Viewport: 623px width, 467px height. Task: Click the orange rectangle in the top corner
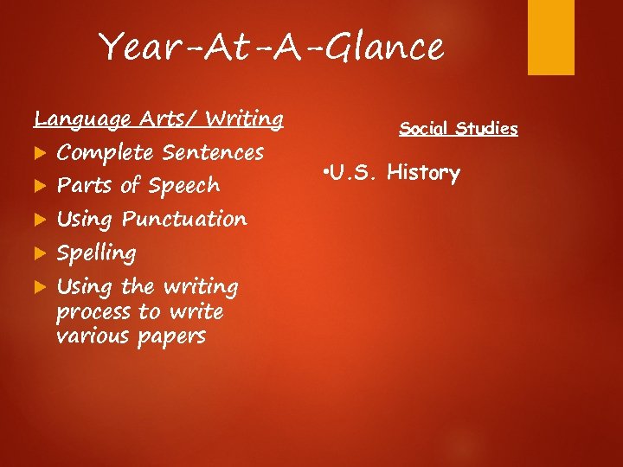click(x=551, y=37)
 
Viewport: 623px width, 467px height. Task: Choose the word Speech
click(x=183, y=186)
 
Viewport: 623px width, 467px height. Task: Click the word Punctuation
click(x=184, y=220)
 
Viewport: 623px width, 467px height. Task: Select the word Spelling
click(x=96, y=254)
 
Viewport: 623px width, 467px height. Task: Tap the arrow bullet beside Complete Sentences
click(x=39, y=153)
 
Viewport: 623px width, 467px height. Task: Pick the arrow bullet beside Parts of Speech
click(x=39, y=186)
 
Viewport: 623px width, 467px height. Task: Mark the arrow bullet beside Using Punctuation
click(x=39, y=220)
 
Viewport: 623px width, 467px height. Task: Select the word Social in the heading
click(x=425, y=130)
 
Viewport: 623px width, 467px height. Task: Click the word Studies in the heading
click(x=488, y=130)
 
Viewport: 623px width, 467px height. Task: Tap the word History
click(x=424, y=173)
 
